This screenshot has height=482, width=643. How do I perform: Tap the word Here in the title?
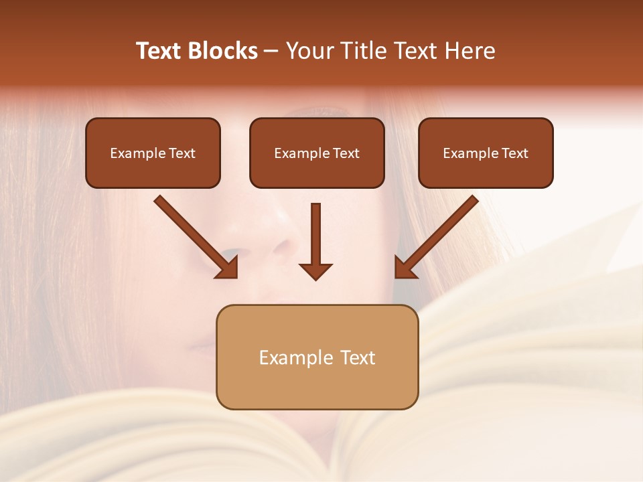pos(470,51)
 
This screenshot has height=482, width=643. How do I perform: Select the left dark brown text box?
pos(153,153)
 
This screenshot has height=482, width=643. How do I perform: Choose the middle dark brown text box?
pos(317,153)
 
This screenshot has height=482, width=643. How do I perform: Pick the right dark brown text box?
pos(486,153)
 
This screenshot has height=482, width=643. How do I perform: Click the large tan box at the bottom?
pos(317,357)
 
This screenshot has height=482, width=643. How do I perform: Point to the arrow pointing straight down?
pos(315,241)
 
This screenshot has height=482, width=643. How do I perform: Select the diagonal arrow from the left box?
pos(194,236)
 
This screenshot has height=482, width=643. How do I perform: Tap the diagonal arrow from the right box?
pos(437,236)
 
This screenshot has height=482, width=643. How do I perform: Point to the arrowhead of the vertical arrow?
pos(315,270)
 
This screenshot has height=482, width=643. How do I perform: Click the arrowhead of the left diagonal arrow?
pos(228,268)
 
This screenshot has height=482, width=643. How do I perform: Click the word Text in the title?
pos(159,51)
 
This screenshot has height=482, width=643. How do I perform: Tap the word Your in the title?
pos(306,51)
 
